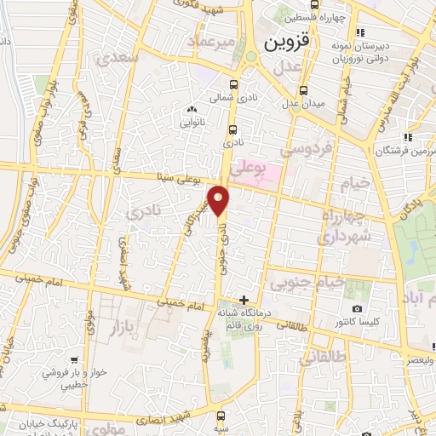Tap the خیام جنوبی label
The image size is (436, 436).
tap(307, 282)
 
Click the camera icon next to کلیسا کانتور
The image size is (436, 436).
tap(356, 308)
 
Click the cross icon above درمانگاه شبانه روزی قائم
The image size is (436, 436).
tap(244, 300)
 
